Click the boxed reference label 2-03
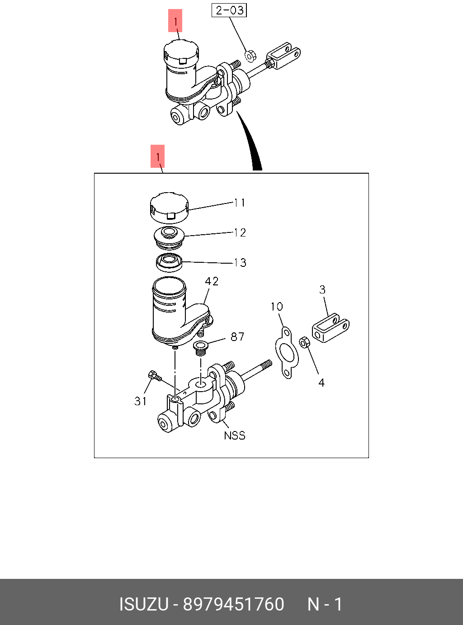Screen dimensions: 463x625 click(229, 10)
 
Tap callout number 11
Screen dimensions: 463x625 click(240, 203)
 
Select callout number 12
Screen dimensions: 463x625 click(240, 232)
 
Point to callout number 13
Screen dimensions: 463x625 click(240, 263)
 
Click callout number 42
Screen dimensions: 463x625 click(212, 281)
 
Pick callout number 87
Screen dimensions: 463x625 click(237, 336)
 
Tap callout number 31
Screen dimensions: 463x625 click(140, 401)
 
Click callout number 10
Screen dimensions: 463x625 click(276, 307)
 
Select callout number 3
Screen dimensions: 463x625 click(322, 289)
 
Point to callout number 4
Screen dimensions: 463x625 click(321, 383)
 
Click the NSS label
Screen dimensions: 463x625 click(235, 436)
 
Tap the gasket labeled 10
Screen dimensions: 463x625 click(287, 353)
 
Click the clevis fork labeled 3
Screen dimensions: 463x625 click(331, 328)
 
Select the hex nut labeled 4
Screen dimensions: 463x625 click(305, 342)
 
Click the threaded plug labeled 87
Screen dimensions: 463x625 click(200, 349)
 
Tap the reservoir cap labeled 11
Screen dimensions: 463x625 click(169, 208)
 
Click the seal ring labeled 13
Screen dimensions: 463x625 click(169, 263)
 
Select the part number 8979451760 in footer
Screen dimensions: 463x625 click(234, 604)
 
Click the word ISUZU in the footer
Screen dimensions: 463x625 click(144, 604)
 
